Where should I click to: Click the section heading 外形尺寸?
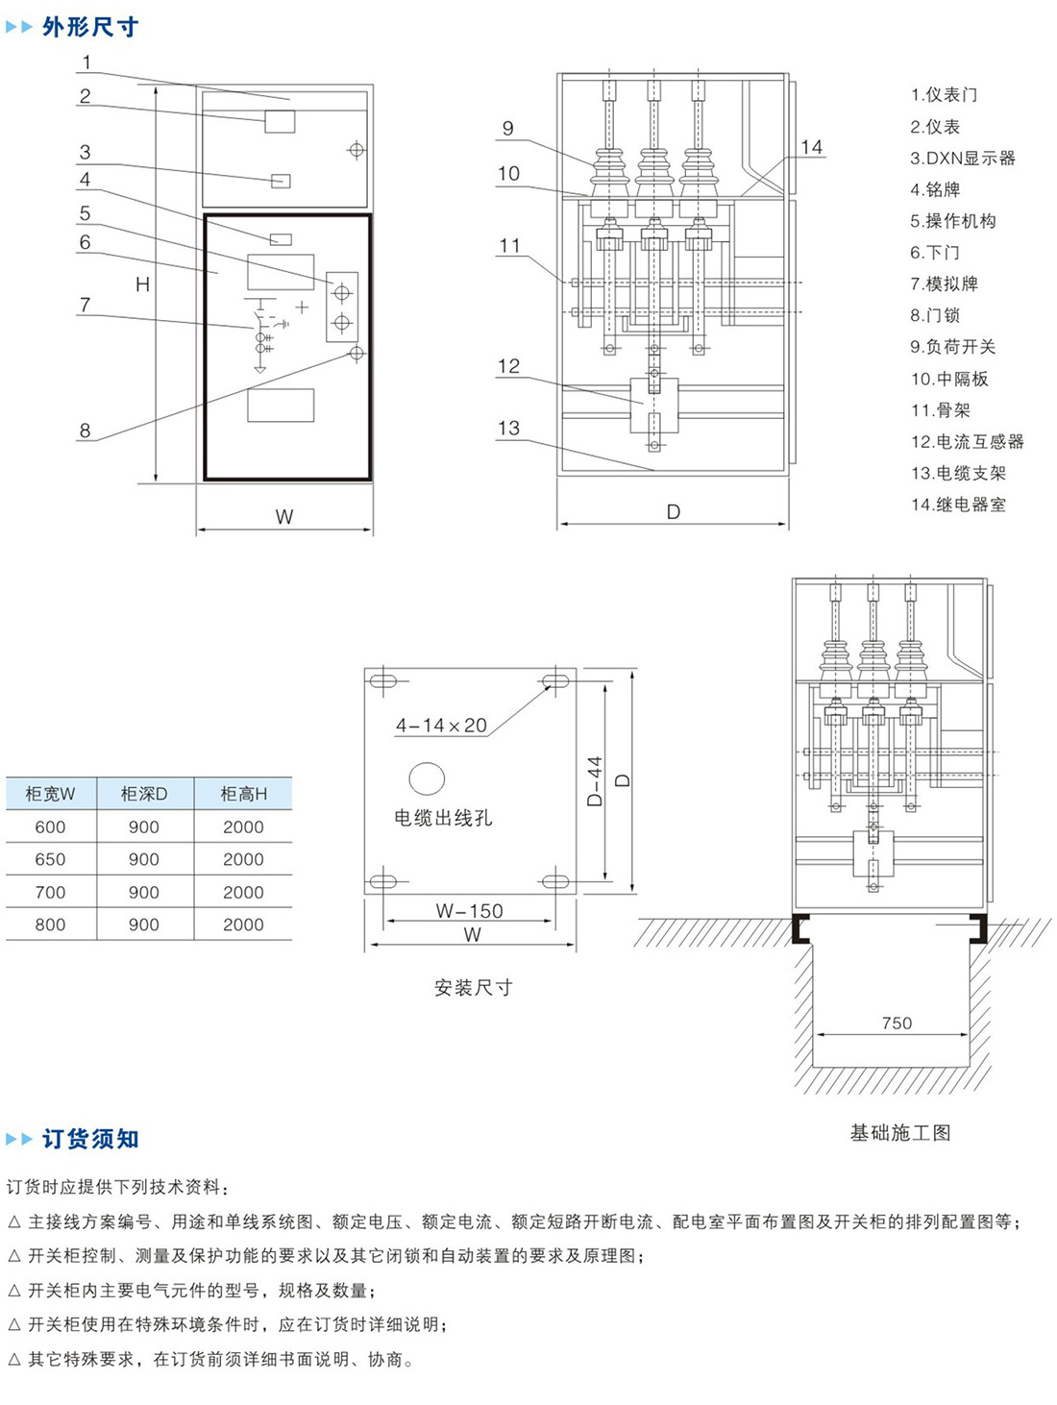point(90,27)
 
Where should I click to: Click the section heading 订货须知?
point(90,1139)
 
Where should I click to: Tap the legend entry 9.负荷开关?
point(953,347)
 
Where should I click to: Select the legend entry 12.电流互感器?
point(968,441)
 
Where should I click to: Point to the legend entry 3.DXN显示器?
point(963,158)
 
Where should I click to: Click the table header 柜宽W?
point(50,794)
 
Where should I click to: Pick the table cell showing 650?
point(50,859)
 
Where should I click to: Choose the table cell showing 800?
point(50,924)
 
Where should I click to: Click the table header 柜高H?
point(243,794)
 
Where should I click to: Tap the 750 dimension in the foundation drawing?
point(897,1023)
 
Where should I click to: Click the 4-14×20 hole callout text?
point(442,726)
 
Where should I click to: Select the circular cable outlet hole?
point(427,778)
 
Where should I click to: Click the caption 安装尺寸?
point(473,987)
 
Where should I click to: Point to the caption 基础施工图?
point(900,1133)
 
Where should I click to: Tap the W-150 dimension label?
point(469,910)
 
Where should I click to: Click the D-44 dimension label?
point(595,780)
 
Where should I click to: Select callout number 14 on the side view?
point(812,147)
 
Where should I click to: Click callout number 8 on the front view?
point(85,431)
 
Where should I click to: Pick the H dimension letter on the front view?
point(142,284)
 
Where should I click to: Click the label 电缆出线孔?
point(443,818)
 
